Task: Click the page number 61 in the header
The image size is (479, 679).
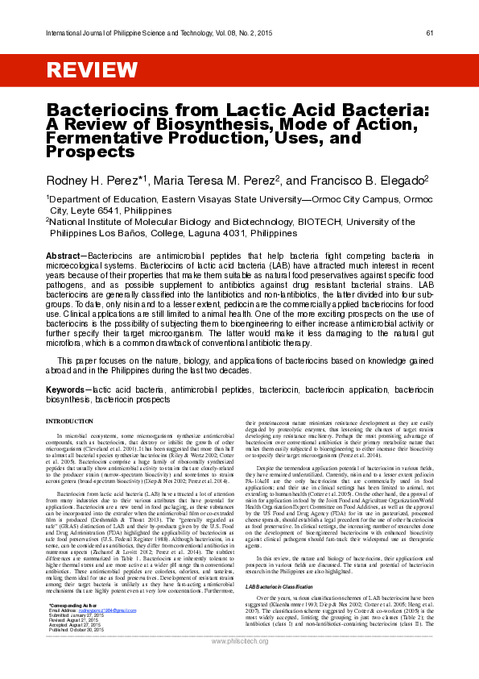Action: (x=430, y=32)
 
